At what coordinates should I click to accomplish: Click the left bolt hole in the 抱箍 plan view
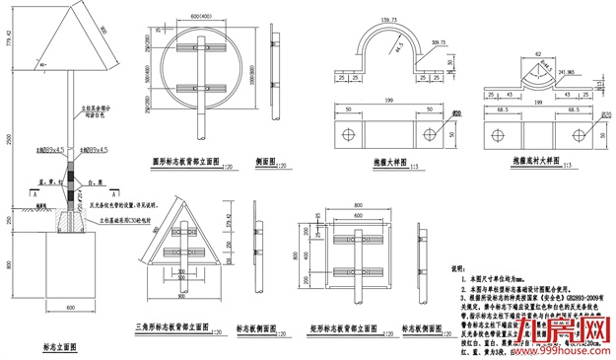tap(347, 132)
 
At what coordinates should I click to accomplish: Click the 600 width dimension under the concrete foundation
tap(71, 309)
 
